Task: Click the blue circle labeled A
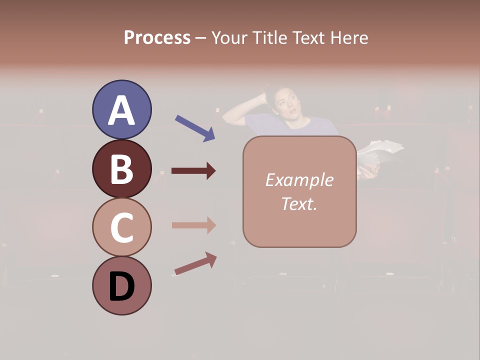[122, 109]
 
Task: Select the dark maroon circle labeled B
[122, 168]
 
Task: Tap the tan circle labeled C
[122, 227]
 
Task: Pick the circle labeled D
[122, 285]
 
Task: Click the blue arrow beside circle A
[195, 127]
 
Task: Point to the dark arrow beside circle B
[193, 171]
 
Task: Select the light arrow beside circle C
[193, 225]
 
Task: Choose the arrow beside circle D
[195, 263]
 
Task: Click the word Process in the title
[157, 37]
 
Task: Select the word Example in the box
[299, 180]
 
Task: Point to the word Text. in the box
[299, 203]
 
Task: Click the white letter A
[122, 110]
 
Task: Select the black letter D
[122, 286]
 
